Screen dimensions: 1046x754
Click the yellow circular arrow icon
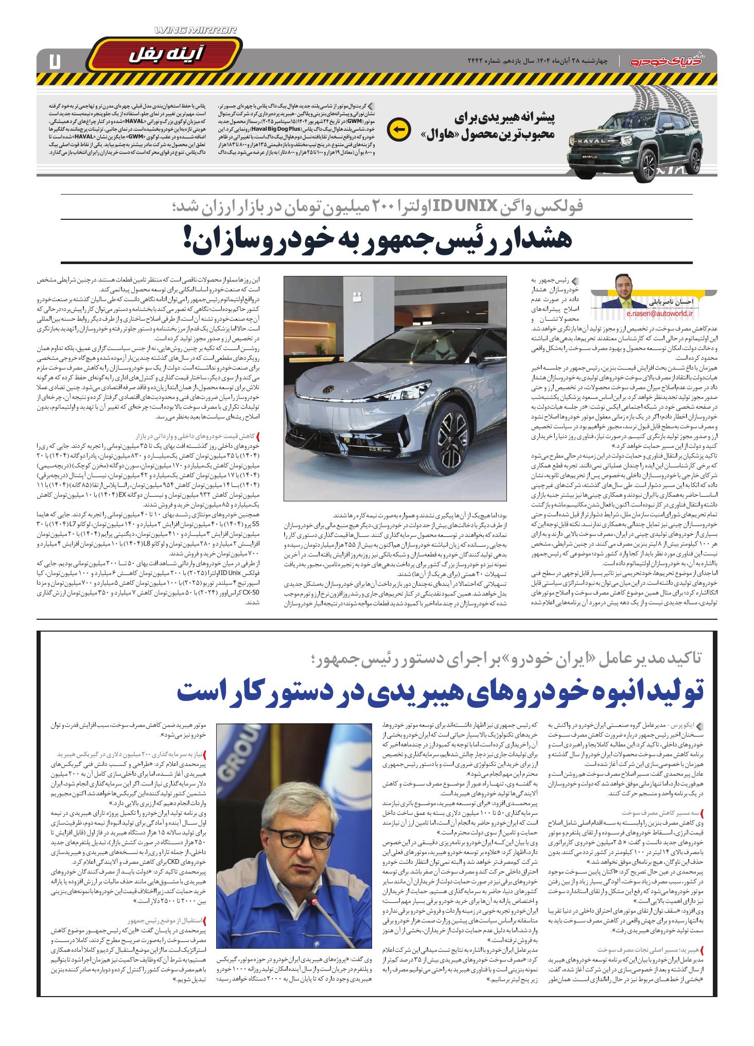coord(397,129)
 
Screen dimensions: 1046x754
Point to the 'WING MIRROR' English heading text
coord(196,31)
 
